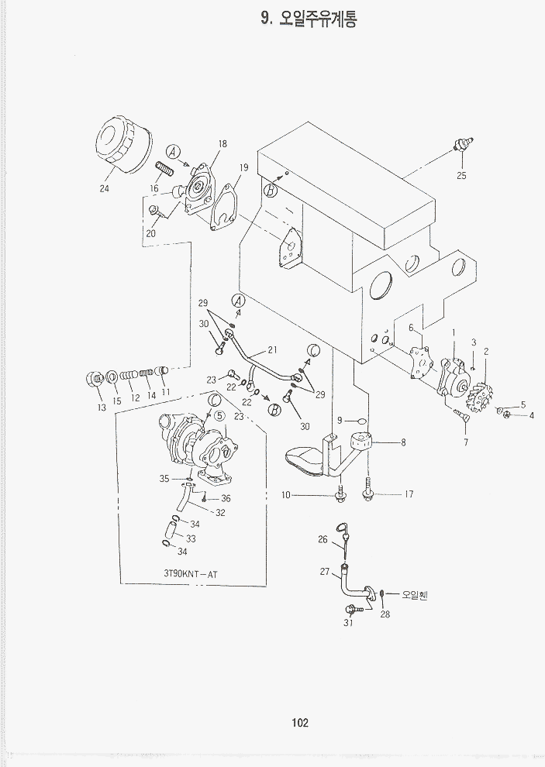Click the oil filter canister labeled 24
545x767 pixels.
(x=122, y=145)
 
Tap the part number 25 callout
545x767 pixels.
(x=461, y=175)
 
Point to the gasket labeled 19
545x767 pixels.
(x=226, y=205)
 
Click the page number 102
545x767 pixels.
(x=300, y=723)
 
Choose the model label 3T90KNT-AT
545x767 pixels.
(x=191, y=574)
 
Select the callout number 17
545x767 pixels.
(x=409, y=494)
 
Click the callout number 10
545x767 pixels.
(x=307, y=495)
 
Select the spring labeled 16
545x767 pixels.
(x=164, y=168)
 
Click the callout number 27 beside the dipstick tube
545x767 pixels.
(x=324, y=573)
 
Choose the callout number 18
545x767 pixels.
(x=222, y=144)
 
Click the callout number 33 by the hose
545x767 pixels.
(x=190, y=538)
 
